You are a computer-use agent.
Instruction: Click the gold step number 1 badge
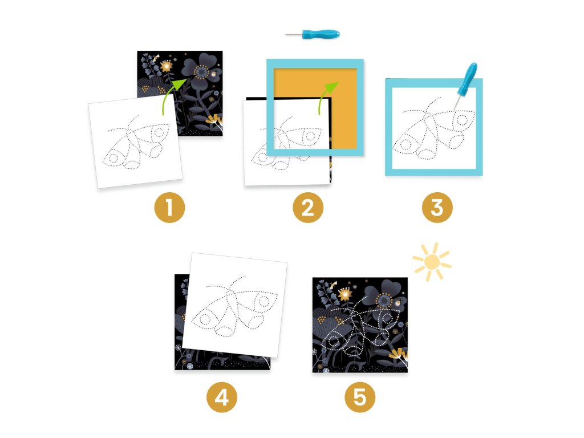pos(169,208)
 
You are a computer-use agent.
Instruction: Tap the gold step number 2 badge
pos(307,208)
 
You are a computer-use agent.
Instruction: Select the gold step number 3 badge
pos(437,208)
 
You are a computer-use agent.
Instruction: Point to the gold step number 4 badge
pos(222,398)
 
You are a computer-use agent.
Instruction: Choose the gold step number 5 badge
pos(360,398)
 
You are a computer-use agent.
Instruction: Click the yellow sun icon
pos(432,262)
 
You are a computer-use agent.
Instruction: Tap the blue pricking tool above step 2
pos(313,34)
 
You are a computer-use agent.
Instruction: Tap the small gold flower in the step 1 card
pos(167,66)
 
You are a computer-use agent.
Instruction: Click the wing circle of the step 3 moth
pos(462,120)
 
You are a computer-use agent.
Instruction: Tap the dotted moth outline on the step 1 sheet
pos(136,143)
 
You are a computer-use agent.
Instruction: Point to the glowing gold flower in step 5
pos(345,294)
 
